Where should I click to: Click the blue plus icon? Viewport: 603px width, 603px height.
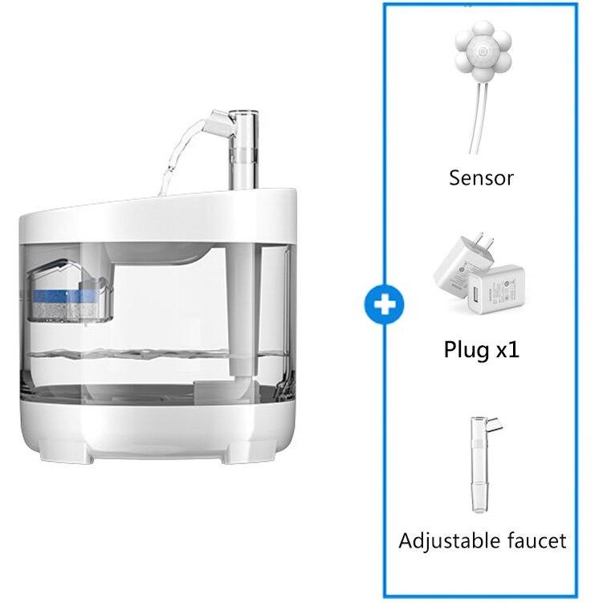[x=384, y=305]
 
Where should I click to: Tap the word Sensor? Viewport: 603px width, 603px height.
[x=481, y=177]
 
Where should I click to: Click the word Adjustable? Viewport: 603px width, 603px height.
[x=446, y=540]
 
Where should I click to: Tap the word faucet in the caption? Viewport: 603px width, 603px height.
[x=534, y=540]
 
